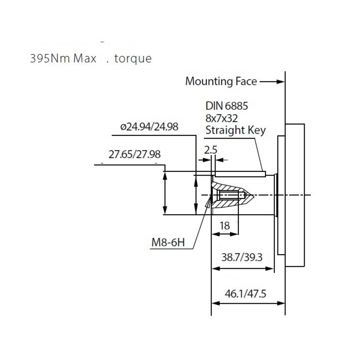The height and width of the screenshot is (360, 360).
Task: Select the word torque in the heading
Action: [133, 59]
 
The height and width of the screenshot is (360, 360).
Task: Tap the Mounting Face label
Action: [221, 81]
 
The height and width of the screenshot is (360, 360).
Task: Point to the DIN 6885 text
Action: [227, 107]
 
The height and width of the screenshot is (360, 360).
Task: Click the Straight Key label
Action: [235, 130]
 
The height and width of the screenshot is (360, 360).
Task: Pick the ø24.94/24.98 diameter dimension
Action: [149, 126]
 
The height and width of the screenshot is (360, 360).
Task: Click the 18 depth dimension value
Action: [225, 225]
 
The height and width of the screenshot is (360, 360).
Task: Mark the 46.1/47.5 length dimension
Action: [245, 294]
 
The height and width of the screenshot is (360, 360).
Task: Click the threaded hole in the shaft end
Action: [231, 196]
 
